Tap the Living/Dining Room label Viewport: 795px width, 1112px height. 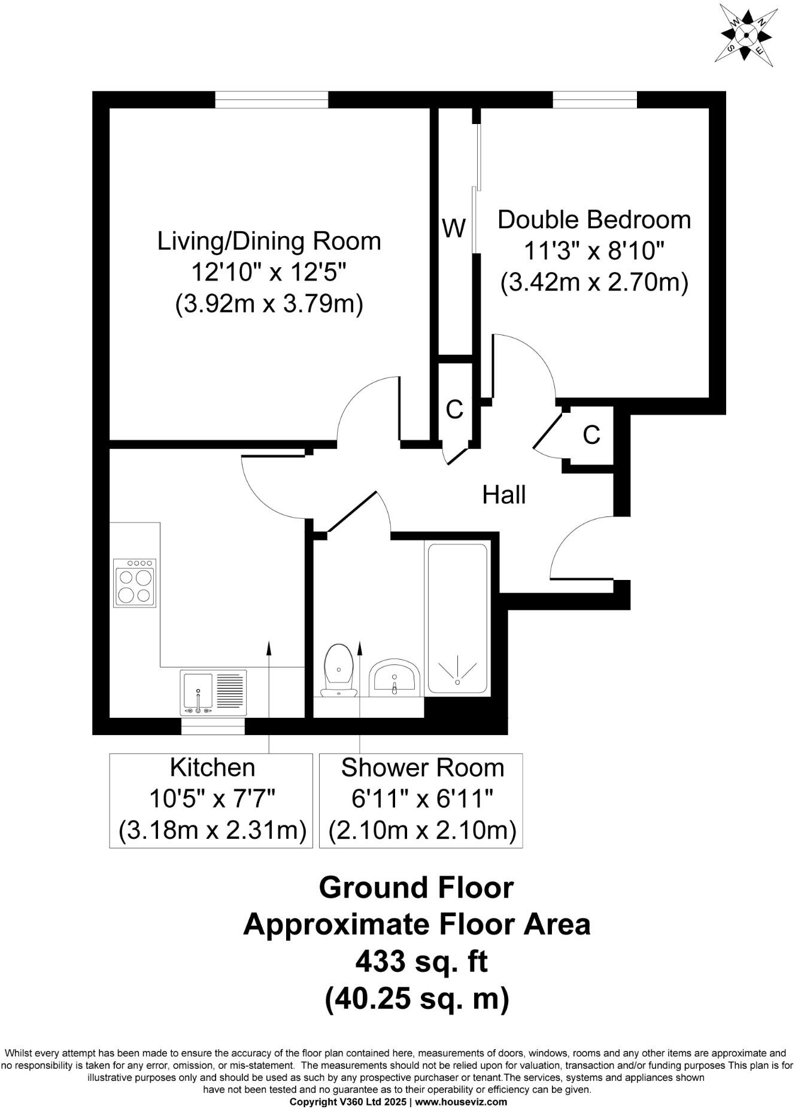[x=269, y=241]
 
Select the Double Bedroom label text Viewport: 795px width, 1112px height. [x=594, y=220]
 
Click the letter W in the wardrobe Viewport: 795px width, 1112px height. [x=454, y=228]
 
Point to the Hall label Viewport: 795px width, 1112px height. [x=504, y=495]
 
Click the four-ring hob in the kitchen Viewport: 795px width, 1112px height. [x=135, y=583]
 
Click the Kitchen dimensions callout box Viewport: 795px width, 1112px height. [x=211, y=800]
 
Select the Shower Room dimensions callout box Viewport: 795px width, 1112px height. [x=421, y=800]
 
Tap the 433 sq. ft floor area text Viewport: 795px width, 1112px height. [x=421, y=962]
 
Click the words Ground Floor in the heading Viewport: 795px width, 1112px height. [x=416, y=887]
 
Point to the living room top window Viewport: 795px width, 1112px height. [x=272, y=99]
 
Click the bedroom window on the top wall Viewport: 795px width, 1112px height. [x=594, y=99]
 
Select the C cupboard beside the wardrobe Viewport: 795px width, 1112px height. [x=455, y=409]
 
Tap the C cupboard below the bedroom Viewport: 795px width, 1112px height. [x=591, y=435]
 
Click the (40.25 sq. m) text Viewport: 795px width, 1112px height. [x=417, y=999]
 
